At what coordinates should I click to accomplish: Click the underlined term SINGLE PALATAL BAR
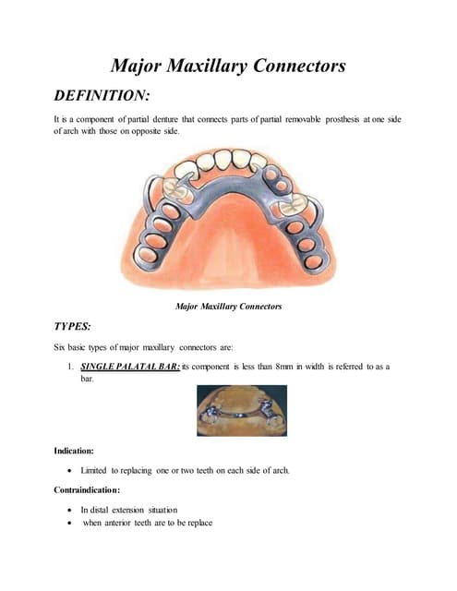pyautogui.click(x=128, y=367)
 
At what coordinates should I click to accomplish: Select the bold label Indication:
pyautogui.click(x=78, y=451)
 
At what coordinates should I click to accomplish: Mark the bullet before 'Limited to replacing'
pyautogui.click(x=71, y=471)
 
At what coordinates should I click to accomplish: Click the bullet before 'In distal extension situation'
pyautogui.click(x=71, y=510)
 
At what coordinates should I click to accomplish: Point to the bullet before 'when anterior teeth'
pyautogui.click(x=71, y=524)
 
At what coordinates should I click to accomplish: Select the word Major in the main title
pyautogui.click(x=138, y=66)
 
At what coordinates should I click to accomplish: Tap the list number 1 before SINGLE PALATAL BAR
pyautogui.click(x=71, y=367)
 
